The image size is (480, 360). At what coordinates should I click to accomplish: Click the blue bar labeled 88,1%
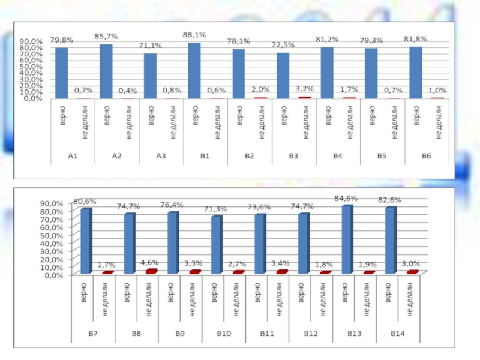(x=194, y=71)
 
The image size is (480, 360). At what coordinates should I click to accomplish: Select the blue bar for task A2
(x=106, y=71)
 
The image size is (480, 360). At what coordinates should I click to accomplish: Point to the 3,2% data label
(x=304, y=89)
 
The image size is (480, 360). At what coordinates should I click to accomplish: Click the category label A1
(x=73, y=156)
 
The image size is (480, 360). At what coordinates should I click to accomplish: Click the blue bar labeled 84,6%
(x=347, y=240)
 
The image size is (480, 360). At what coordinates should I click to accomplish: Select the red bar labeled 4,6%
(x=151, y=271)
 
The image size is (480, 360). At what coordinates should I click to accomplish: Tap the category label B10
(x=223, y=333)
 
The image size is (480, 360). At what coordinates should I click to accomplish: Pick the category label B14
(x=398, y=333)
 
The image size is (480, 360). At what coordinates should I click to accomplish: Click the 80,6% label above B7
(x=85, y=202)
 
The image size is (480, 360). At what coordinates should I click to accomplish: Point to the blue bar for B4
(x=326, y=73)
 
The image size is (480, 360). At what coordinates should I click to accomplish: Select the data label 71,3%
(x=214, y=209)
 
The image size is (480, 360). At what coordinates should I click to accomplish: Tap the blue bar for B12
(x=304, y=244)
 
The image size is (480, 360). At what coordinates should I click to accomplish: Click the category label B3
(x=293, y=156)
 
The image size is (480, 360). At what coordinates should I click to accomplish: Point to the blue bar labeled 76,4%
(x=172, y=243)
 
